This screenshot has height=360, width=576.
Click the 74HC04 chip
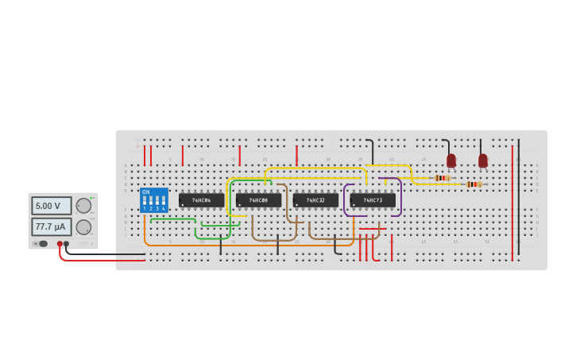[x=201, y=200]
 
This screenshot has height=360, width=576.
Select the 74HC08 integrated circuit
[x=258, y=200]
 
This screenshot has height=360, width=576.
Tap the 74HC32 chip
[x=315, y=200]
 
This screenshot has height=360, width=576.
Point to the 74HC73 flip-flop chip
[x=373, y=200]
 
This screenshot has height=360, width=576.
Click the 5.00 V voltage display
[x=51, y=206]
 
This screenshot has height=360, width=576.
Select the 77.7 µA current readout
[x=51, y=226]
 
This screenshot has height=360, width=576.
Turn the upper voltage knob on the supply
[x=83, y=206]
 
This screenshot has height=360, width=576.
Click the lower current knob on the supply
[x=83, y=226]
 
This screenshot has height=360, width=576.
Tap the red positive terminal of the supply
[x=60, y=244]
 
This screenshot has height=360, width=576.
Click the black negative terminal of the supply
[x=66, y=244]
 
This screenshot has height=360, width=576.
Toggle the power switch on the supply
[x=43, y=243]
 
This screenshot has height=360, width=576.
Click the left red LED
[x=451, y=161]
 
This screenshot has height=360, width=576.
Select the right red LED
[x=483, y=161]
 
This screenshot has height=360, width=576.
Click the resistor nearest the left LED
[x=443, y=178]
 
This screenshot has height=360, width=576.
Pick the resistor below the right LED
[x=474, y=184]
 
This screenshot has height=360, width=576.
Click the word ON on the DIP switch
[x=145, y=192]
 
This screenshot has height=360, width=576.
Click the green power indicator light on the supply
[x=92, y=197]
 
